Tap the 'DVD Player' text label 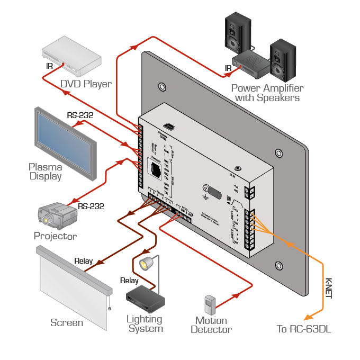coord(86,84)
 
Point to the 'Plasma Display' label coord(45,172)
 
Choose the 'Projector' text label coord(55,236)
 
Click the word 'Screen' coord(67,322)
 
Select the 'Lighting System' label coord(145,323)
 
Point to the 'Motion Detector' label coord(211,325)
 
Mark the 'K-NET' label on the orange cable coord(328,289)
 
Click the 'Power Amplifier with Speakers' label coord(267,93)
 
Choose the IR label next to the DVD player coord(49,66)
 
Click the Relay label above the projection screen coord(83,261)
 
